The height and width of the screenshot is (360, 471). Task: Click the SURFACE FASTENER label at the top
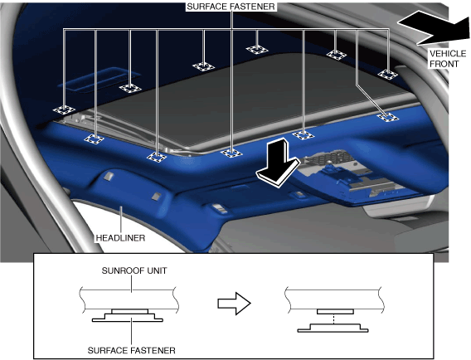click(x=231, y=7)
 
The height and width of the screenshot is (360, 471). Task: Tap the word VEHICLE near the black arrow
click(x=448, y=54)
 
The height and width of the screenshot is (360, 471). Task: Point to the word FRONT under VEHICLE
click(x=444, y=64)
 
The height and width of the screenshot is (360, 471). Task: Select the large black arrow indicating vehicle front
click(x=433, y=27)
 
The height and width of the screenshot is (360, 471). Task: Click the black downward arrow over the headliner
click(x=278, y=163)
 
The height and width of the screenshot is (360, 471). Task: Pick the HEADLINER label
click(x=120, y=238)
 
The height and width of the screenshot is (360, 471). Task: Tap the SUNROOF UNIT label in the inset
click(x=134, y=270)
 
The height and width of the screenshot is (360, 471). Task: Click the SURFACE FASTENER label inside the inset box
click(x=132, y=350)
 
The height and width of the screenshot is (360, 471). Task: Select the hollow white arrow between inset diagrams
click(x=234, y=304)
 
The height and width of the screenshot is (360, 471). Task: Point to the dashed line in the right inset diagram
click(x=334, y=319)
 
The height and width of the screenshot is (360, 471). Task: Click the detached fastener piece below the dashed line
click(x=333, y=328)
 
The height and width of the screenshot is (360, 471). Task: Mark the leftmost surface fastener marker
click(x=64, y=110)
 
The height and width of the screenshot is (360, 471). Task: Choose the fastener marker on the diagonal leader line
click(x=388, y=117)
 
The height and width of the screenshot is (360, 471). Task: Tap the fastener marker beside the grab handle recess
click(x=130, y=89)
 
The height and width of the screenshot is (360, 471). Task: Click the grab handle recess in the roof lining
click(x=100, y=80)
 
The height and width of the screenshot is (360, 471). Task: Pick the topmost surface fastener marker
click(x=257, y=49)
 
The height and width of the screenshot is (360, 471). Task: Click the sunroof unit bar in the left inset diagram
click(x=129, y=299)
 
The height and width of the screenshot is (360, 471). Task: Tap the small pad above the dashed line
click(x=335, y=312)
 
